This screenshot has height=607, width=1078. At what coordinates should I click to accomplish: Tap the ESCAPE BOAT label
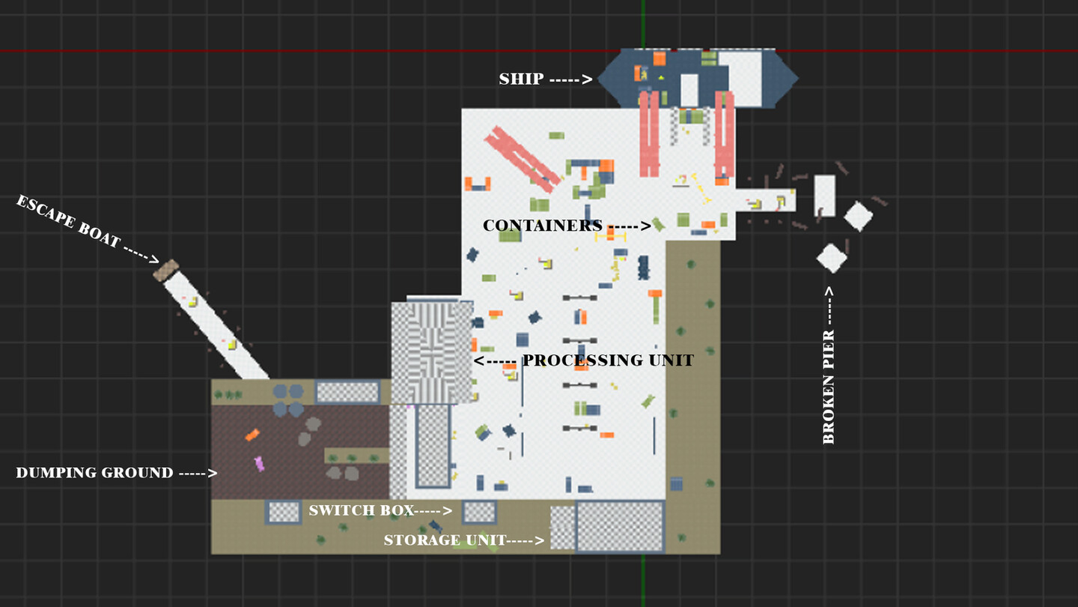coord(68,221)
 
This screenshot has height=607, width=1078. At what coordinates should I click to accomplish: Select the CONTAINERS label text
coord(542,226)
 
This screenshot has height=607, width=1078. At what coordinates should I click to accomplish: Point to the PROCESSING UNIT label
coord(608,360)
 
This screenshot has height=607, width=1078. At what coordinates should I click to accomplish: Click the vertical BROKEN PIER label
coord(828,387)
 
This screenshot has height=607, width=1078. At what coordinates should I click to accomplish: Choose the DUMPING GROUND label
coord(94,473)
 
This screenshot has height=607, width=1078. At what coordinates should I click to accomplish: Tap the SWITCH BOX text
coord(362,510)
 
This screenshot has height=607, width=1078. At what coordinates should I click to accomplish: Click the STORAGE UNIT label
coord(445,540)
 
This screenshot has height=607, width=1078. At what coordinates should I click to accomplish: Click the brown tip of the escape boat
coord(166,271)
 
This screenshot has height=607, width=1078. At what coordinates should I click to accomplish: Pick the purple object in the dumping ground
coord(259,464)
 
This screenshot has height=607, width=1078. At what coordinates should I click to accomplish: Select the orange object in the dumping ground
coord(252,435)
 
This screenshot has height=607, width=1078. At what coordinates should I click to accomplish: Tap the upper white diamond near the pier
coord(858,217)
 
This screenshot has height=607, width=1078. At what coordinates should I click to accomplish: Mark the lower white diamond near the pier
coord(832,258)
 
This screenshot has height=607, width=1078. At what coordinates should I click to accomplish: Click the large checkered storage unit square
coord(620,526)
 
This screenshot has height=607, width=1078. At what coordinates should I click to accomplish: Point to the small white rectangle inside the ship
coord(689,90)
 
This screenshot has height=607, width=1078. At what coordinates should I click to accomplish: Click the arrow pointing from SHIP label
coord(571,79)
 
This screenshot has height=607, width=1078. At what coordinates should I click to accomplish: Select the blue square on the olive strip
coord(676,483)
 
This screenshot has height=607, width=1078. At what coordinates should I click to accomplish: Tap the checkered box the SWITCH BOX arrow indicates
coord(479,512)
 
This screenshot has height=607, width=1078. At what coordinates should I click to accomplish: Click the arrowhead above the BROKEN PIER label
coord(829,291)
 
